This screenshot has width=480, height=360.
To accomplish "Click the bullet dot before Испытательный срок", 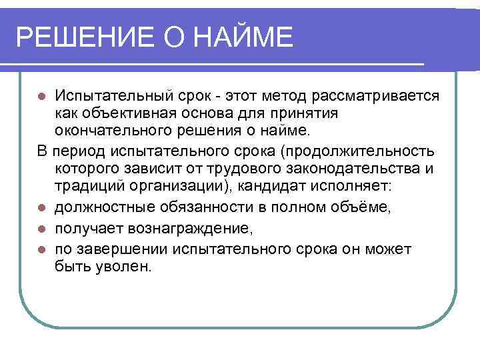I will click(41, 97).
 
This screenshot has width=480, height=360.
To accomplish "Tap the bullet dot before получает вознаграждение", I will click(41, 230).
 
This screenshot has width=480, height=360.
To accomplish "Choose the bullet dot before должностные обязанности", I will click(41, 210).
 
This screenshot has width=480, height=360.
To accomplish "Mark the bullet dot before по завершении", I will click(41, 250).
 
